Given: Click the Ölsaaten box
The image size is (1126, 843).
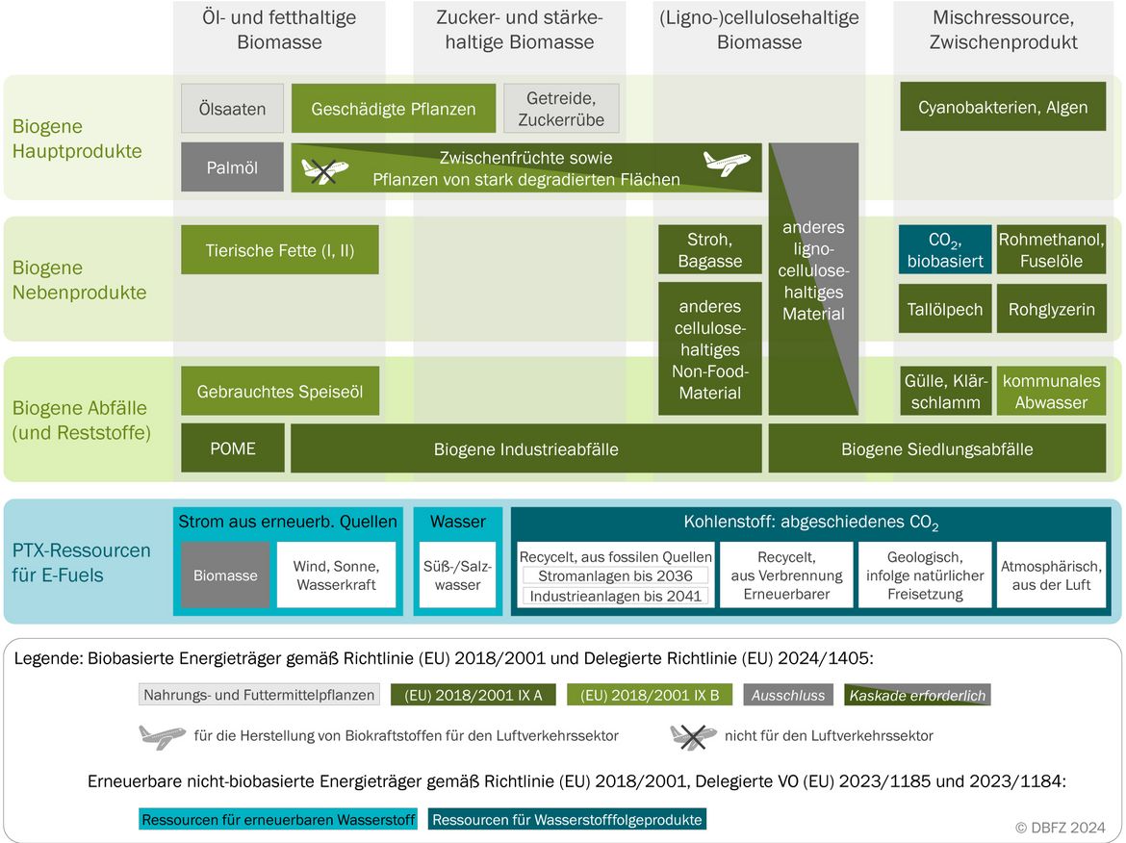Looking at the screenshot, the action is (232, 109).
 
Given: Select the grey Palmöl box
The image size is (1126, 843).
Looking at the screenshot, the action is (232, 167).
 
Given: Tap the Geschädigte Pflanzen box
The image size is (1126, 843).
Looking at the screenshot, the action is (394, 109).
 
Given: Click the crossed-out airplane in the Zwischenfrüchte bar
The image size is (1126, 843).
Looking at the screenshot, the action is (324, 171).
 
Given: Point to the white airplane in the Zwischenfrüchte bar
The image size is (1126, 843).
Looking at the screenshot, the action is (727, 163).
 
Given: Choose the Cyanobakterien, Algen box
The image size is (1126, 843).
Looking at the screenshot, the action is (1003, 107).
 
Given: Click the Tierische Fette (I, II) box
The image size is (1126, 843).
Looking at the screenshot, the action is (280, 250).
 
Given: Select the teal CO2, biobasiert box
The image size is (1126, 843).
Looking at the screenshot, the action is (945, 250).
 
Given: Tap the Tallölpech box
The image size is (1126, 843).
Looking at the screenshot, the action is (945, 309).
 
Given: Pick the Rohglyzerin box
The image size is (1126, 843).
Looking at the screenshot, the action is (1051, 309).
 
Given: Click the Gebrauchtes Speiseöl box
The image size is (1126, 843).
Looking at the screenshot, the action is (280, 391).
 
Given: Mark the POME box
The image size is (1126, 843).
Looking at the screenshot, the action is (233, 448).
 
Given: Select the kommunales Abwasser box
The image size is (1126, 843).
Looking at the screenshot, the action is (1051, 391).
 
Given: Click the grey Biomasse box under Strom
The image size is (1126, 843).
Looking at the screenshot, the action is (225, 575).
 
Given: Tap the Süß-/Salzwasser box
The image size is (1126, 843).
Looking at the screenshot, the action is (457, 575).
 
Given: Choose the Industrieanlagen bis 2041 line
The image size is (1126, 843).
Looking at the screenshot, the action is (615, 596).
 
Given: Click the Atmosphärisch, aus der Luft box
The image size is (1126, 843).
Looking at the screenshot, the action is (1051, 575).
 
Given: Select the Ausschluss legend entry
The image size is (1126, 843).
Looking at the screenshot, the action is (788, 695).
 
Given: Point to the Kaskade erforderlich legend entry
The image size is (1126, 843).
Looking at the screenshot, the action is (918, 695).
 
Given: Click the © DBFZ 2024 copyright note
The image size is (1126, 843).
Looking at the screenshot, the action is (1060, 828).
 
